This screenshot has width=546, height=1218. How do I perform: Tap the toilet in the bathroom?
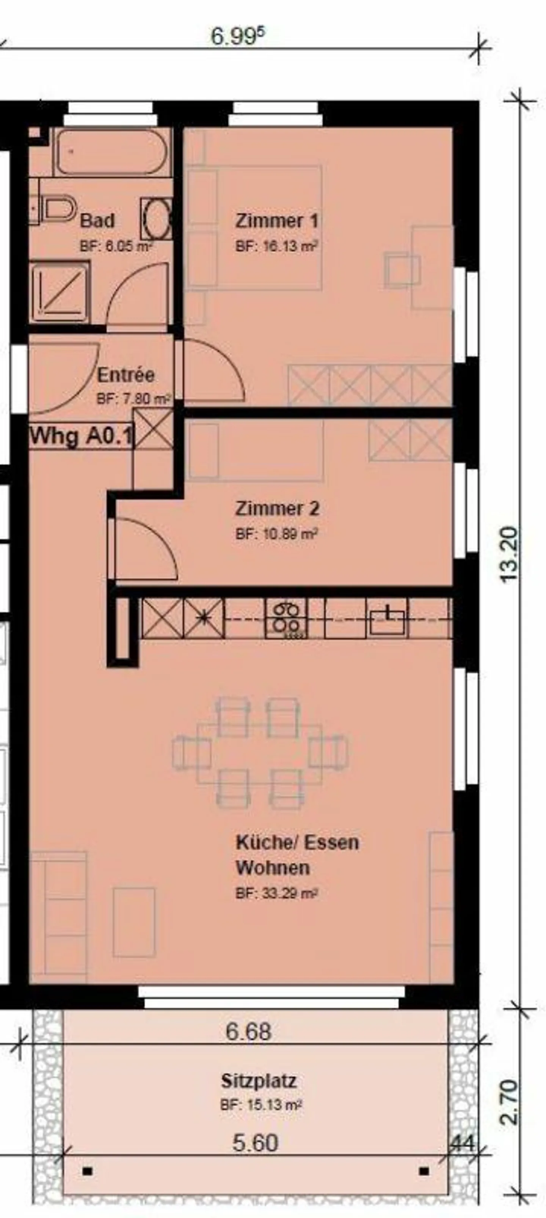[x=60, y=208]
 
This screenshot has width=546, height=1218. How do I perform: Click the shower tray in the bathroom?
[x=60, y=292]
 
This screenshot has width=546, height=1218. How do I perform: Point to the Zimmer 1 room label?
[x=277, y=221]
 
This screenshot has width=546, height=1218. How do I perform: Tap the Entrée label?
[x=126, y=375]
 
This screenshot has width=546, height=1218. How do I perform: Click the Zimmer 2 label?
[x=277, y=509]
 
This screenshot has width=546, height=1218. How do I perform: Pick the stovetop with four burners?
[x=286, y=618]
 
